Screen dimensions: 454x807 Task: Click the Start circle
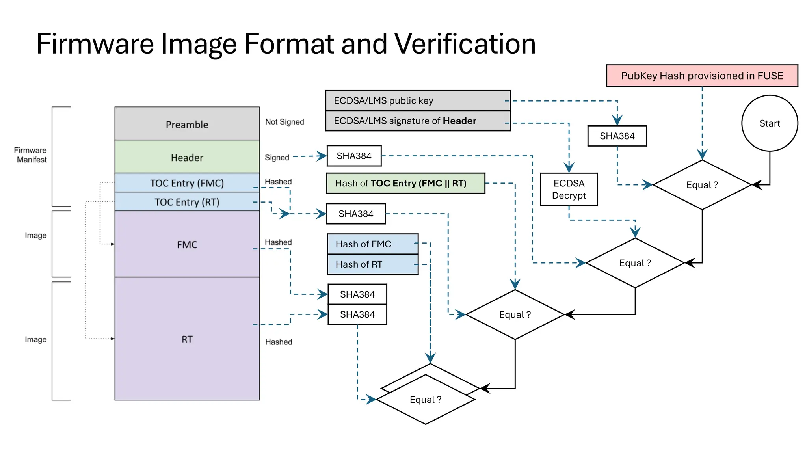[x=769, y=123]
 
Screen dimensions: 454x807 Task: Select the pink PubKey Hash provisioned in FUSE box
[x=702, y=76]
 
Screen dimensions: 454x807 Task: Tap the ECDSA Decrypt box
[x=569, y=189]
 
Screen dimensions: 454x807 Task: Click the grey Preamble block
[x=187, y=124]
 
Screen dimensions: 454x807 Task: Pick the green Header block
[x=187, y=157]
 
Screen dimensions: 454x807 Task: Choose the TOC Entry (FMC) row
[x=187, y=183]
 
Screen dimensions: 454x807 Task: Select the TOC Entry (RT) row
[x=187, y=202]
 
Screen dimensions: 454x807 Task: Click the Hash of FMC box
[x=372, y=244]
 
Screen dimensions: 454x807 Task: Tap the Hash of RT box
[x=372, y=264]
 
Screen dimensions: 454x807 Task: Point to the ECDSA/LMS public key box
[x=418, y=100]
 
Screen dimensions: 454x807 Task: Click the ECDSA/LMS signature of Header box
[x=418, y=121]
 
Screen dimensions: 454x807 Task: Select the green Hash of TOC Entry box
[x=405, y=183]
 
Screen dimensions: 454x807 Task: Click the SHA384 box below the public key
[x=617, y=136]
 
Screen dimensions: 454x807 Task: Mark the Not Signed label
[x=284, y=122]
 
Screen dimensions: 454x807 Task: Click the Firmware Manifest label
[x=31, y=155]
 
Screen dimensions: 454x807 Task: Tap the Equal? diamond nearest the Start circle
[x=702, y=185]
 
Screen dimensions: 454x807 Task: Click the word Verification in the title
[x=465, y=43]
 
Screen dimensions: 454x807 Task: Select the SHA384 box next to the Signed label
[x=354, y=156]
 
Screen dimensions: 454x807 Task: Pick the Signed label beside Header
[x=277, y=158]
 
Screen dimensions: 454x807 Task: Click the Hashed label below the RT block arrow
[x=279, y=342]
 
